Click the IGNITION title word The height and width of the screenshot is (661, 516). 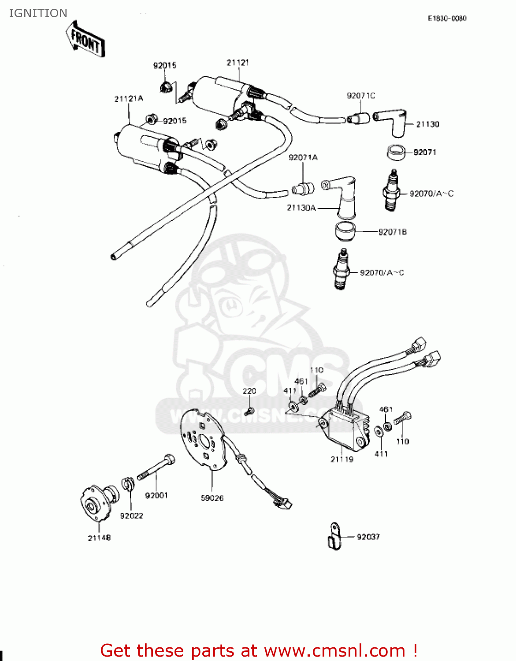[x=38, y=13]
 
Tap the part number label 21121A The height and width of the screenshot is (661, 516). [x=129, y=99]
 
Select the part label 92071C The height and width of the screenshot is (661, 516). [x=361, y=96]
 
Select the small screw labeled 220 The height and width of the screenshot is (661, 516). [x=249, y=411]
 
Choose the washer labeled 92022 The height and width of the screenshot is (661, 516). [x=128, y=484]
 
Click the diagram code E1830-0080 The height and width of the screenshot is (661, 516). [x=447, y=19]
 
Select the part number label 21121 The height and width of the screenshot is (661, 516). [x=238, y=63]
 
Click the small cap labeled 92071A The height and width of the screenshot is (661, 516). [x=303, y=189]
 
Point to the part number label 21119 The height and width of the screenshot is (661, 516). [x=342, y=459]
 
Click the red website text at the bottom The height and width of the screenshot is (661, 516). [x=259, y=650]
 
